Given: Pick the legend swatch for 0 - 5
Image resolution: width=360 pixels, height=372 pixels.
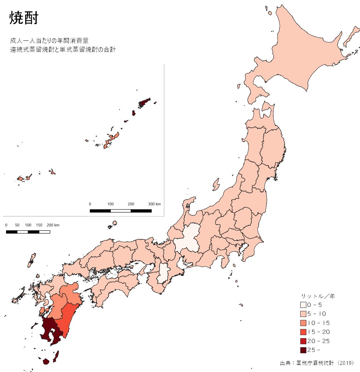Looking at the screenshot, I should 303,305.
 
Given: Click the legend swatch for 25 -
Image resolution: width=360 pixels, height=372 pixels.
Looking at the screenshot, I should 303,350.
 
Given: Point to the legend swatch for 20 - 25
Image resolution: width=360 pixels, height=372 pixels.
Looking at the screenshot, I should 303,341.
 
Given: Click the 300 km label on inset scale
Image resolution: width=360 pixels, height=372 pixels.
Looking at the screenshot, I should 154,204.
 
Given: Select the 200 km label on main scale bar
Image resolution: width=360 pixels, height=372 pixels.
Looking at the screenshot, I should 53,225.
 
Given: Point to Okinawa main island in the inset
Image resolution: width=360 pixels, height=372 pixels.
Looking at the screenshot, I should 110,140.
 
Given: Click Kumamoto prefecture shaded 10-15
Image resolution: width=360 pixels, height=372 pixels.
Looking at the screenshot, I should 57,305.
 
